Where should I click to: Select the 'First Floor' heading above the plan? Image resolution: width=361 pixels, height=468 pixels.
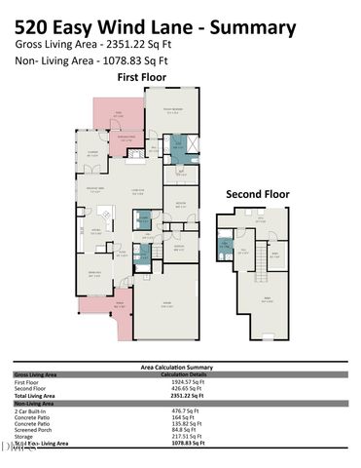[143, 76]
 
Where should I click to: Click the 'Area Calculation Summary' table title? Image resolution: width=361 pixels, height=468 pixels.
[179, 367]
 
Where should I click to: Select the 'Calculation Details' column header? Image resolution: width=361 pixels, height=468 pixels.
[186, 373]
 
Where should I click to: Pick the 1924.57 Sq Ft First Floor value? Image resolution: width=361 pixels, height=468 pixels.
[186, 381]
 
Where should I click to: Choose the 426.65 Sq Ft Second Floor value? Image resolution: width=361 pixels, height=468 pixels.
[184, 388]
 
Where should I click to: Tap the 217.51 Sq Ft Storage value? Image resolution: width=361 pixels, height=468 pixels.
[186, 436]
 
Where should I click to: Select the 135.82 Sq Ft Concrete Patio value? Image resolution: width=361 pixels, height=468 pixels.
[186, 424]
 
